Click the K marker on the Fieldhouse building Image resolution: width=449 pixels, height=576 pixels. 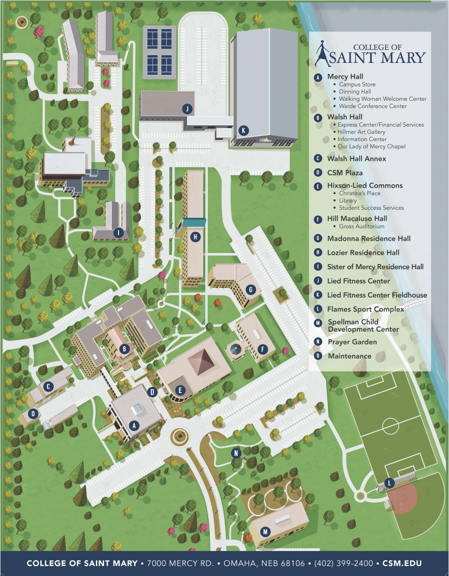tap(244, 130)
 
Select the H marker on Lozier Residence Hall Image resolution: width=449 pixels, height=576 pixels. tap(195, 236)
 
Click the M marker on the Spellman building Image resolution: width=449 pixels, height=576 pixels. tap(265, 531)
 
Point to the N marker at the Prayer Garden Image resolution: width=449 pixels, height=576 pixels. tap(236, 453)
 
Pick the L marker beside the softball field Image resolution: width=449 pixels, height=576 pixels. tap(390, 482)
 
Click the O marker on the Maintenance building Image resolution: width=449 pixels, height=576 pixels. tap(33, 413)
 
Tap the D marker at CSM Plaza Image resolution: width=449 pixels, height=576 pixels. tap(153, 392)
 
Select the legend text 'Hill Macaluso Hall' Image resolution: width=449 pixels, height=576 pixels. tap(357, 218)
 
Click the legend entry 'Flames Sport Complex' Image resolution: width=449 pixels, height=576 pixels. tap(366, 309)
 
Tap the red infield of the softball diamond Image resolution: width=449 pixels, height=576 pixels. tap(403, 499)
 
